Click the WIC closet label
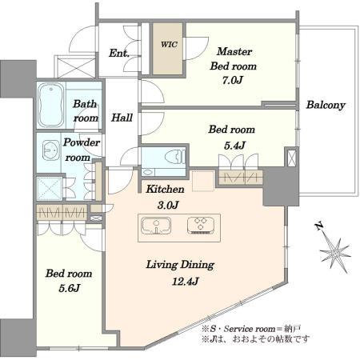point(169,44)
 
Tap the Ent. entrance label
point(119,53)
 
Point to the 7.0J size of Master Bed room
point(233,80)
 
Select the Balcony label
point(326,105)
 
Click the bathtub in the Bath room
point(50,106)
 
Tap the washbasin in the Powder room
point(50,151)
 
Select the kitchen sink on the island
point(156,226)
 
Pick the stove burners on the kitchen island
point(201,226)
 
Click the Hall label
point(122,118)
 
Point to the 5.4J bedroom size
point(234,146)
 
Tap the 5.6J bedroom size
point(70,288)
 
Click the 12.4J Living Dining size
point(185,282)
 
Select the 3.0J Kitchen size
point(168,205)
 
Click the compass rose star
point(335,253)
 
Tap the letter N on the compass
point(319,226)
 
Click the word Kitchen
point(165,189)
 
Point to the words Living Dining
point(180,265)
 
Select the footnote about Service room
point(252,329)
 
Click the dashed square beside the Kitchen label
point(203,182)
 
